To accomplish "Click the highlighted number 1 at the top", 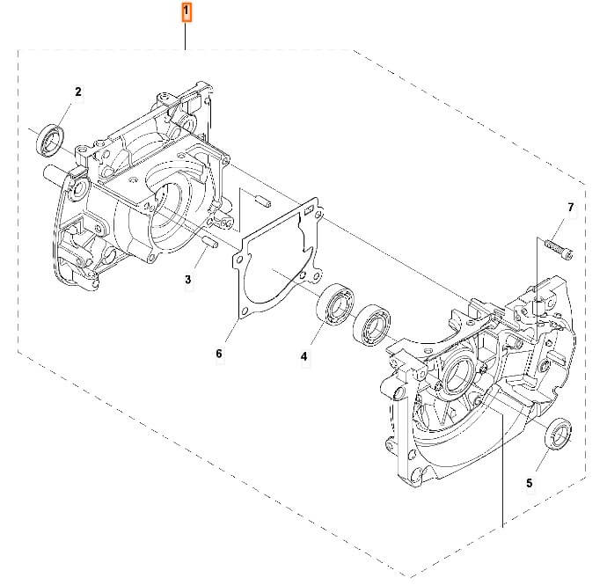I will tap(186, 11).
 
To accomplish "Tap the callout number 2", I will tap(78, 91).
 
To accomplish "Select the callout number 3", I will tap(187, 280).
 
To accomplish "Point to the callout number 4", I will tap(304, 356).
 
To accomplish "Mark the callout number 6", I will tap(219, 354).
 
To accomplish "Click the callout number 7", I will tap(570, 208).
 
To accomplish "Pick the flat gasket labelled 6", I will tap(273, 264).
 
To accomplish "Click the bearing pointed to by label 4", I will tap(334, 303).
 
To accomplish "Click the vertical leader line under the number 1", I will tap(186, 35).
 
